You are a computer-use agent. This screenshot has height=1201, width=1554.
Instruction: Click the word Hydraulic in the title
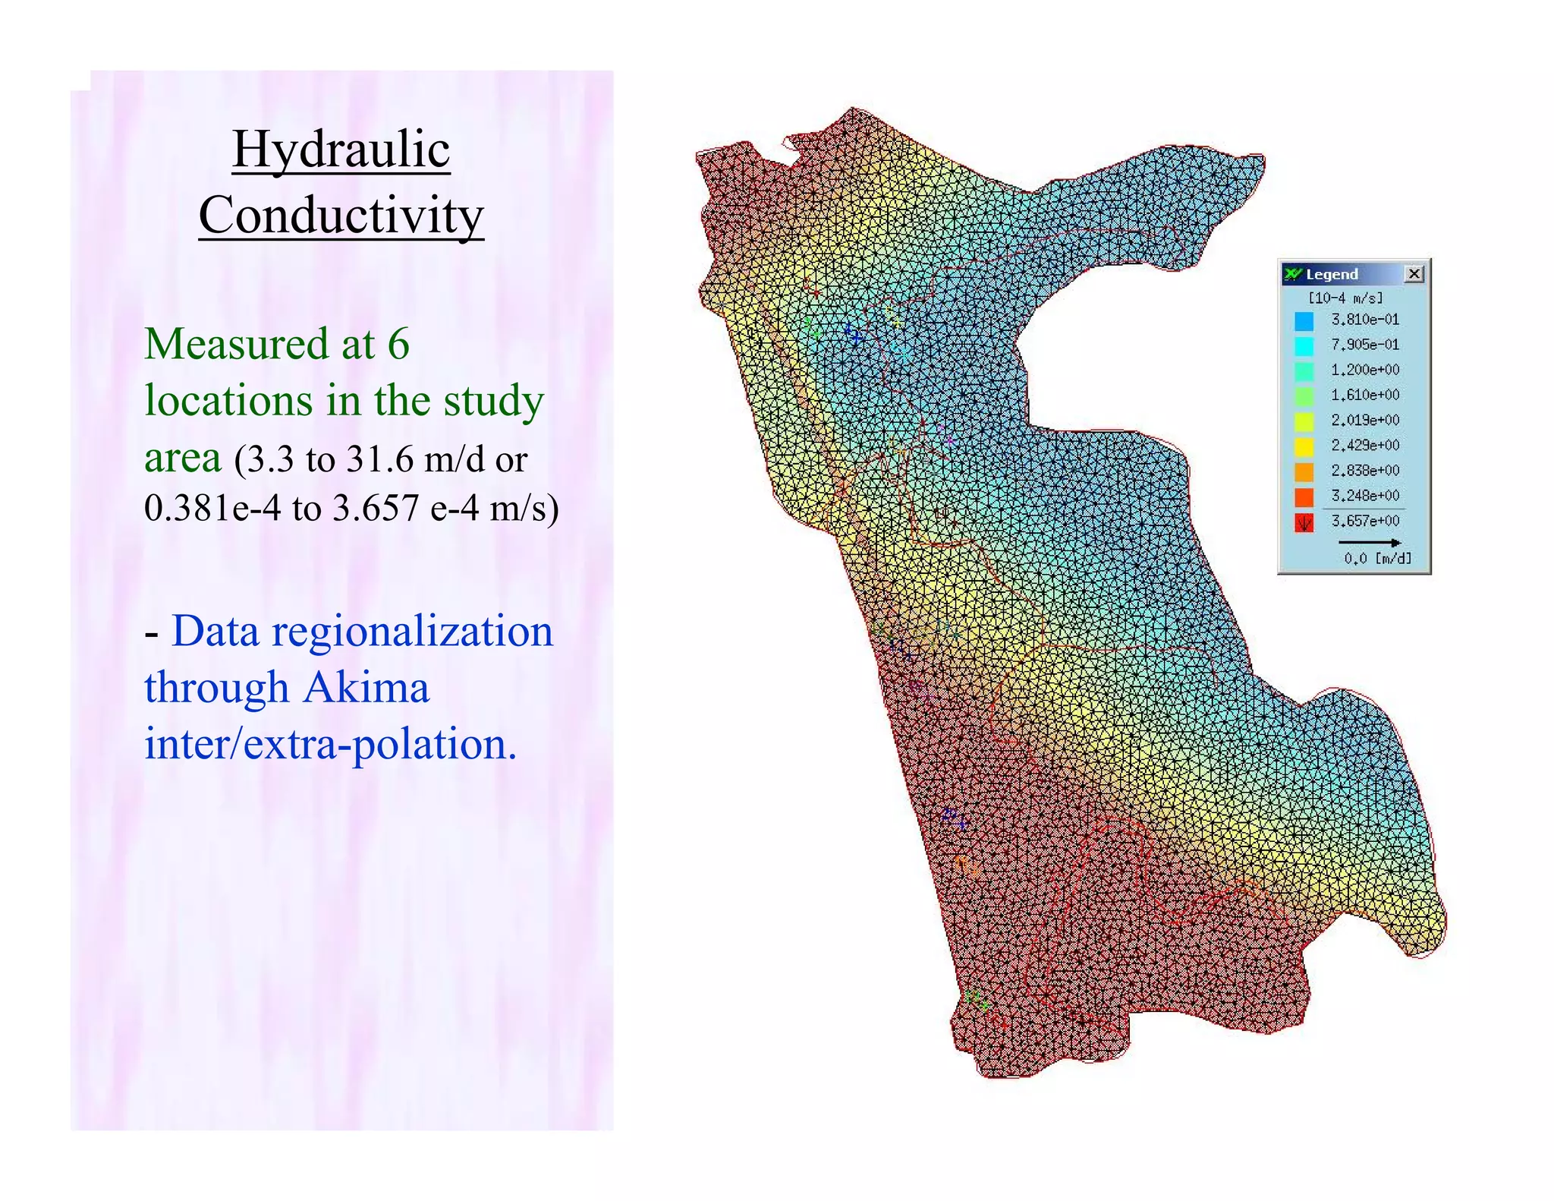pos(341,150)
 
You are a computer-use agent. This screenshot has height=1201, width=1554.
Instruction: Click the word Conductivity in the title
pos(341,216)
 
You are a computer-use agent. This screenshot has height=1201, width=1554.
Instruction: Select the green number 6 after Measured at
pos(398,344)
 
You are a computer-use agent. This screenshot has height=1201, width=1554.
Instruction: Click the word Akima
pos(366,688)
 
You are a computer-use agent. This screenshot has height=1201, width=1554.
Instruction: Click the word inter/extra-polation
pos(330,744)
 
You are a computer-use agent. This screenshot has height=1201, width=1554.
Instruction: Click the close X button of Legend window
pos(1414,274)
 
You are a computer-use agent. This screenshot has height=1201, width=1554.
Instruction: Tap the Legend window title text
pos(1332,274)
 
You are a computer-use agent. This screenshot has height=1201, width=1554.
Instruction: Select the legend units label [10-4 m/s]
pos(1345,298)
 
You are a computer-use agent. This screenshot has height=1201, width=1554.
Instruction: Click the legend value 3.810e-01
pos(1364,320)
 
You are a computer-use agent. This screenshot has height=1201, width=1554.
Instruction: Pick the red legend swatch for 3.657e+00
pos(1304,522)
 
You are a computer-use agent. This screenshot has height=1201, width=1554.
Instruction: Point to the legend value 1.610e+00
pos(1364,395)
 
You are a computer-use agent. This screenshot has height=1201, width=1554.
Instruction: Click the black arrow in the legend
pos(1369,542)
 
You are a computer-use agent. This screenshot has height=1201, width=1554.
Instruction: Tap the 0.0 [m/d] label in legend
pos(1377,559)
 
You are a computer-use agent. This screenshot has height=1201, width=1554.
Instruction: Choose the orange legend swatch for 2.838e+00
pos(1304,471)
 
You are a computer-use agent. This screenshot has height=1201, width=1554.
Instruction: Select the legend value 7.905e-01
pos(1364,345)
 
